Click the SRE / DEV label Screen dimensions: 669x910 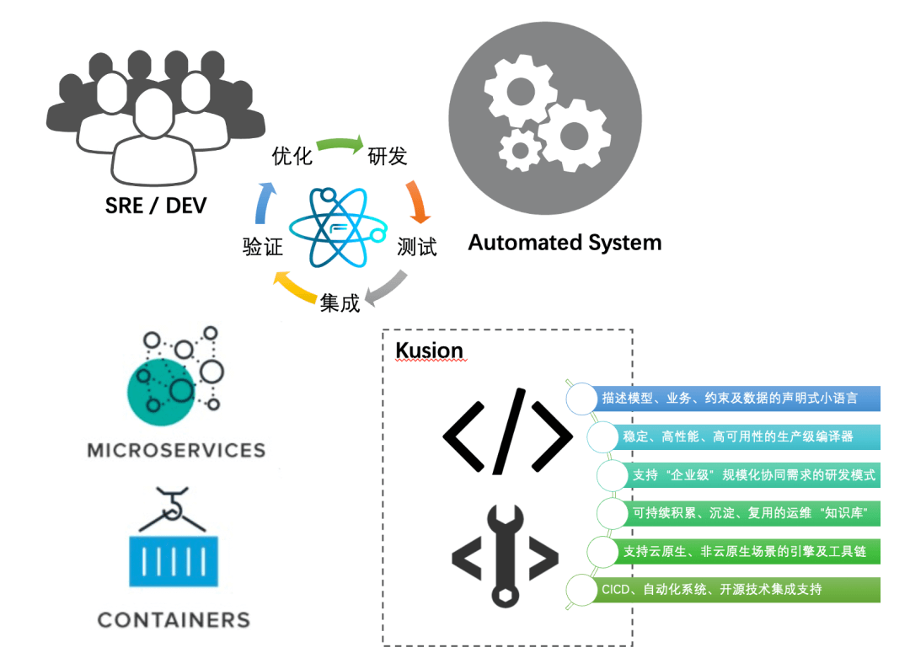(x=156, y=205)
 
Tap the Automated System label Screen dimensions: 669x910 (x=565, y=244)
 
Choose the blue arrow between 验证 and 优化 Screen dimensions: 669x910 (x=264, y=202)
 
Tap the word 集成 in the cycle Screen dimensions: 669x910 (x=340, y=302)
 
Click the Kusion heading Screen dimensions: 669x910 (x=429, y=351)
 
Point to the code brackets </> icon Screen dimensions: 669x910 (x=507, y=431)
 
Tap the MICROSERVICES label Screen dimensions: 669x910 (x=176, y=450)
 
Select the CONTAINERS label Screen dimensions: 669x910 (x=174, y=620)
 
